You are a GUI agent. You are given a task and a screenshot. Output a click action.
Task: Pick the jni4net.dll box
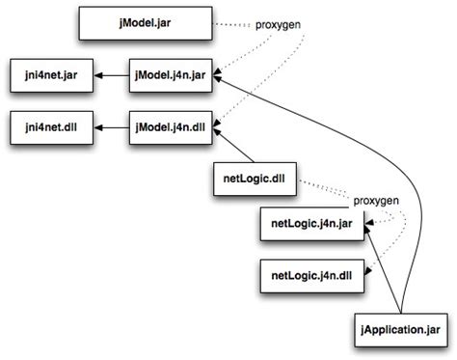pyautogui.click(x=49, y=126)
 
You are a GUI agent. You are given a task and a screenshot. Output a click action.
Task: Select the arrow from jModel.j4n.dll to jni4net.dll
pyautogui.click(x=111, y=126)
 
